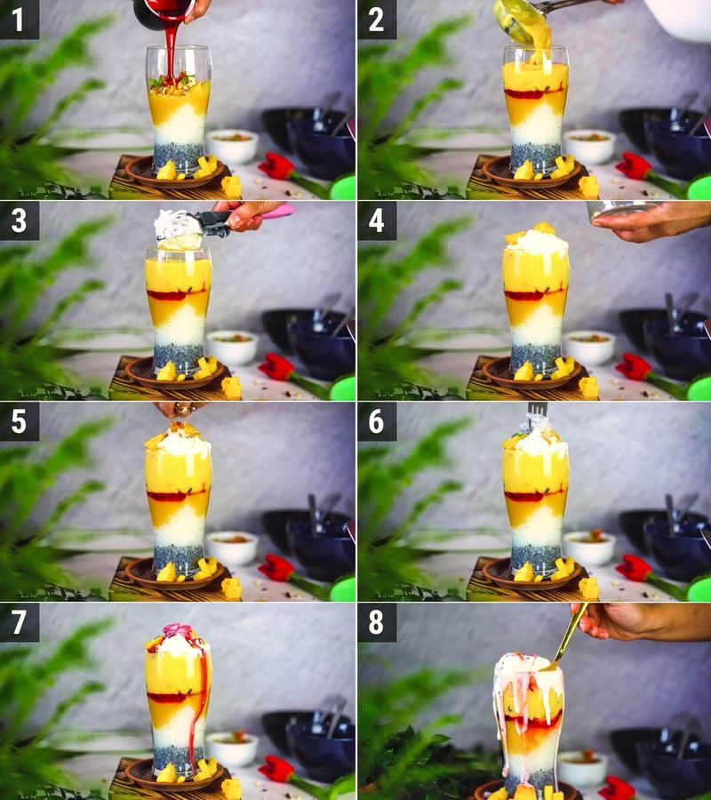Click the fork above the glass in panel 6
coord(536,414)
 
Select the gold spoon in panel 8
coord(569,636)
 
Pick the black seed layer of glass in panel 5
coord(178,557)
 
